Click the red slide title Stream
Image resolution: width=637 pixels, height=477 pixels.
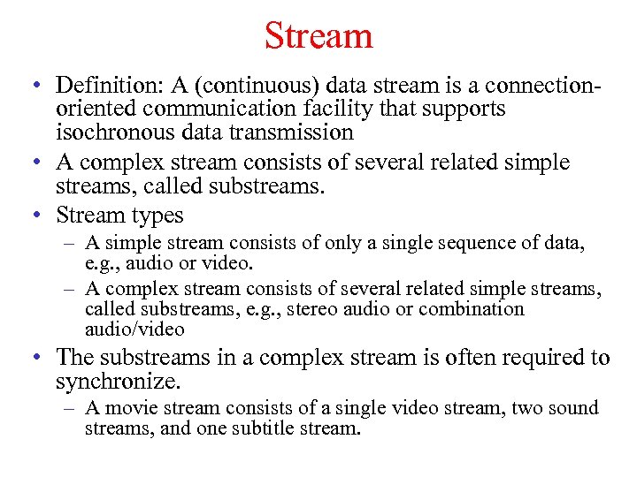click(318, 36)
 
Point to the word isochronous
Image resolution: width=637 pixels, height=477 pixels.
click(116, 132)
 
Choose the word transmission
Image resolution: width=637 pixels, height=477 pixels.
click(288, 132)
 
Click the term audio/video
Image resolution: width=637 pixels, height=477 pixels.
click(134, 329)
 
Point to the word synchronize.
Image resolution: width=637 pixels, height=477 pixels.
click(118, 381)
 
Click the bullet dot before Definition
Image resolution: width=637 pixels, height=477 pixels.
click(31, 87)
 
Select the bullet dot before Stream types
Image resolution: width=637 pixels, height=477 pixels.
click(31, 216)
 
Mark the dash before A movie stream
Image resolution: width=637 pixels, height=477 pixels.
click(69, 409)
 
